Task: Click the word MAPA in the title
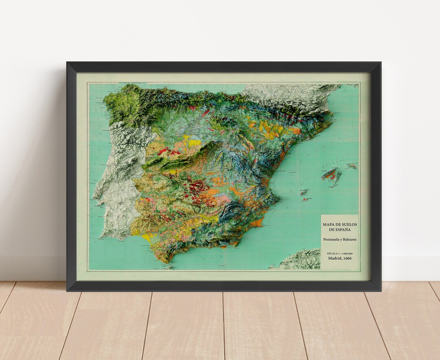328,224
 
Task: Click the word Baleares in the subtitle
350,239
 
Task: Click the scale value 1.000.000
346,253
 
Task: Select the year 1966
348,258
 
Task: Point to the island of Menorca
352,166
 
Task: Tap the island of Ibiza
303,192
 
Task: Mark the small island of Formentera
305,199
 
